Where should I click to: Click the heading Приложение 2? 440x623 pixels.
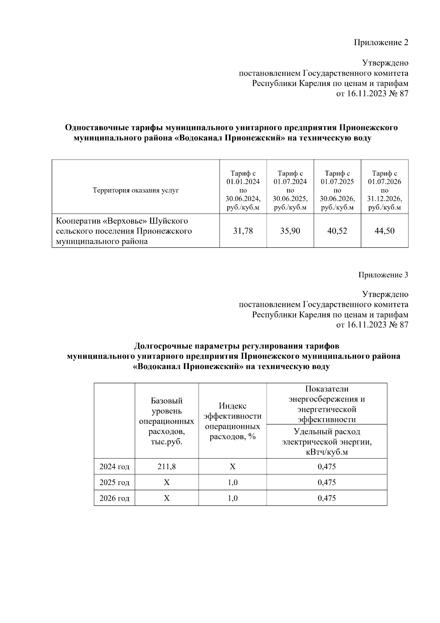(x=381, y=43)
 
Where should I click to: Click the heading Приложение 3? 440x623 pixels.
(x=383, y=275)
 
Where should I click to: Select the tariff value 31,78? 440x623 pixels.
(x=243, y=231)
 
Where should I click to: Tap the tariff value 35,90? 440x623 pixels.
(x=290, y=231)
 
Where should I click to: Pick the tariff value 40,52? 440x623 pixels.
(x=337, y=231)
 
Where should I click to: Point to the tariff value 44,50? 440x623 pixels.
(x=384, y=231)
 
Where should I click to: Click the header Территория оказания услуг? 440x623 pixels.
(x=136, y=191)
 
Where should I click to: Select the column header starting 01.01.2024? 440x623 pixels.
(x=243, y=190)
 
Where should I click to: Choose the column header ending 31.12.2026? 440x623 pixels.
(x=384, y=190)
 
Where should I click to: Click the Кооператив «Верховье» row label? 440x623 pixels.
(x=124, y=231)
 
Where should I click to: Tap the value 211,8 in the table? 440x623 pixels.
(x=166, y=467)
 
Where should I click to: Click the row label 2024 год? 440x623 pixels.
(x=114, y=467)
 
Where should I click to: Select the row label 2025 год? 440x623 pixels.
(x=114, y=482)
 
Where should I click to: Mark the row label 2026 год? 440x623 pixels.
(x=114, y=498)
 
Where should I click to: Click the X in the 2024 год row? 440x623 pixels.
(x=232, y=467)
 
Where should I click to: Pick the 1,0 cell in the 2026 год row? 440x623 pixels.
(x=232, y=498)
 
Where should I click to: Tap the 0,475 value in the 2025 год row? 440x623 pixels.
(x=327, y=482)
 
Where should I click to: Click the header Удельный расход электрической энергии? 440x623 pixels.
(x=327, y=442)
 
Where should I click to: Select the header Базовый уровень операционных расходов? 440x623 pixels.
(x=166, y=421)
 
